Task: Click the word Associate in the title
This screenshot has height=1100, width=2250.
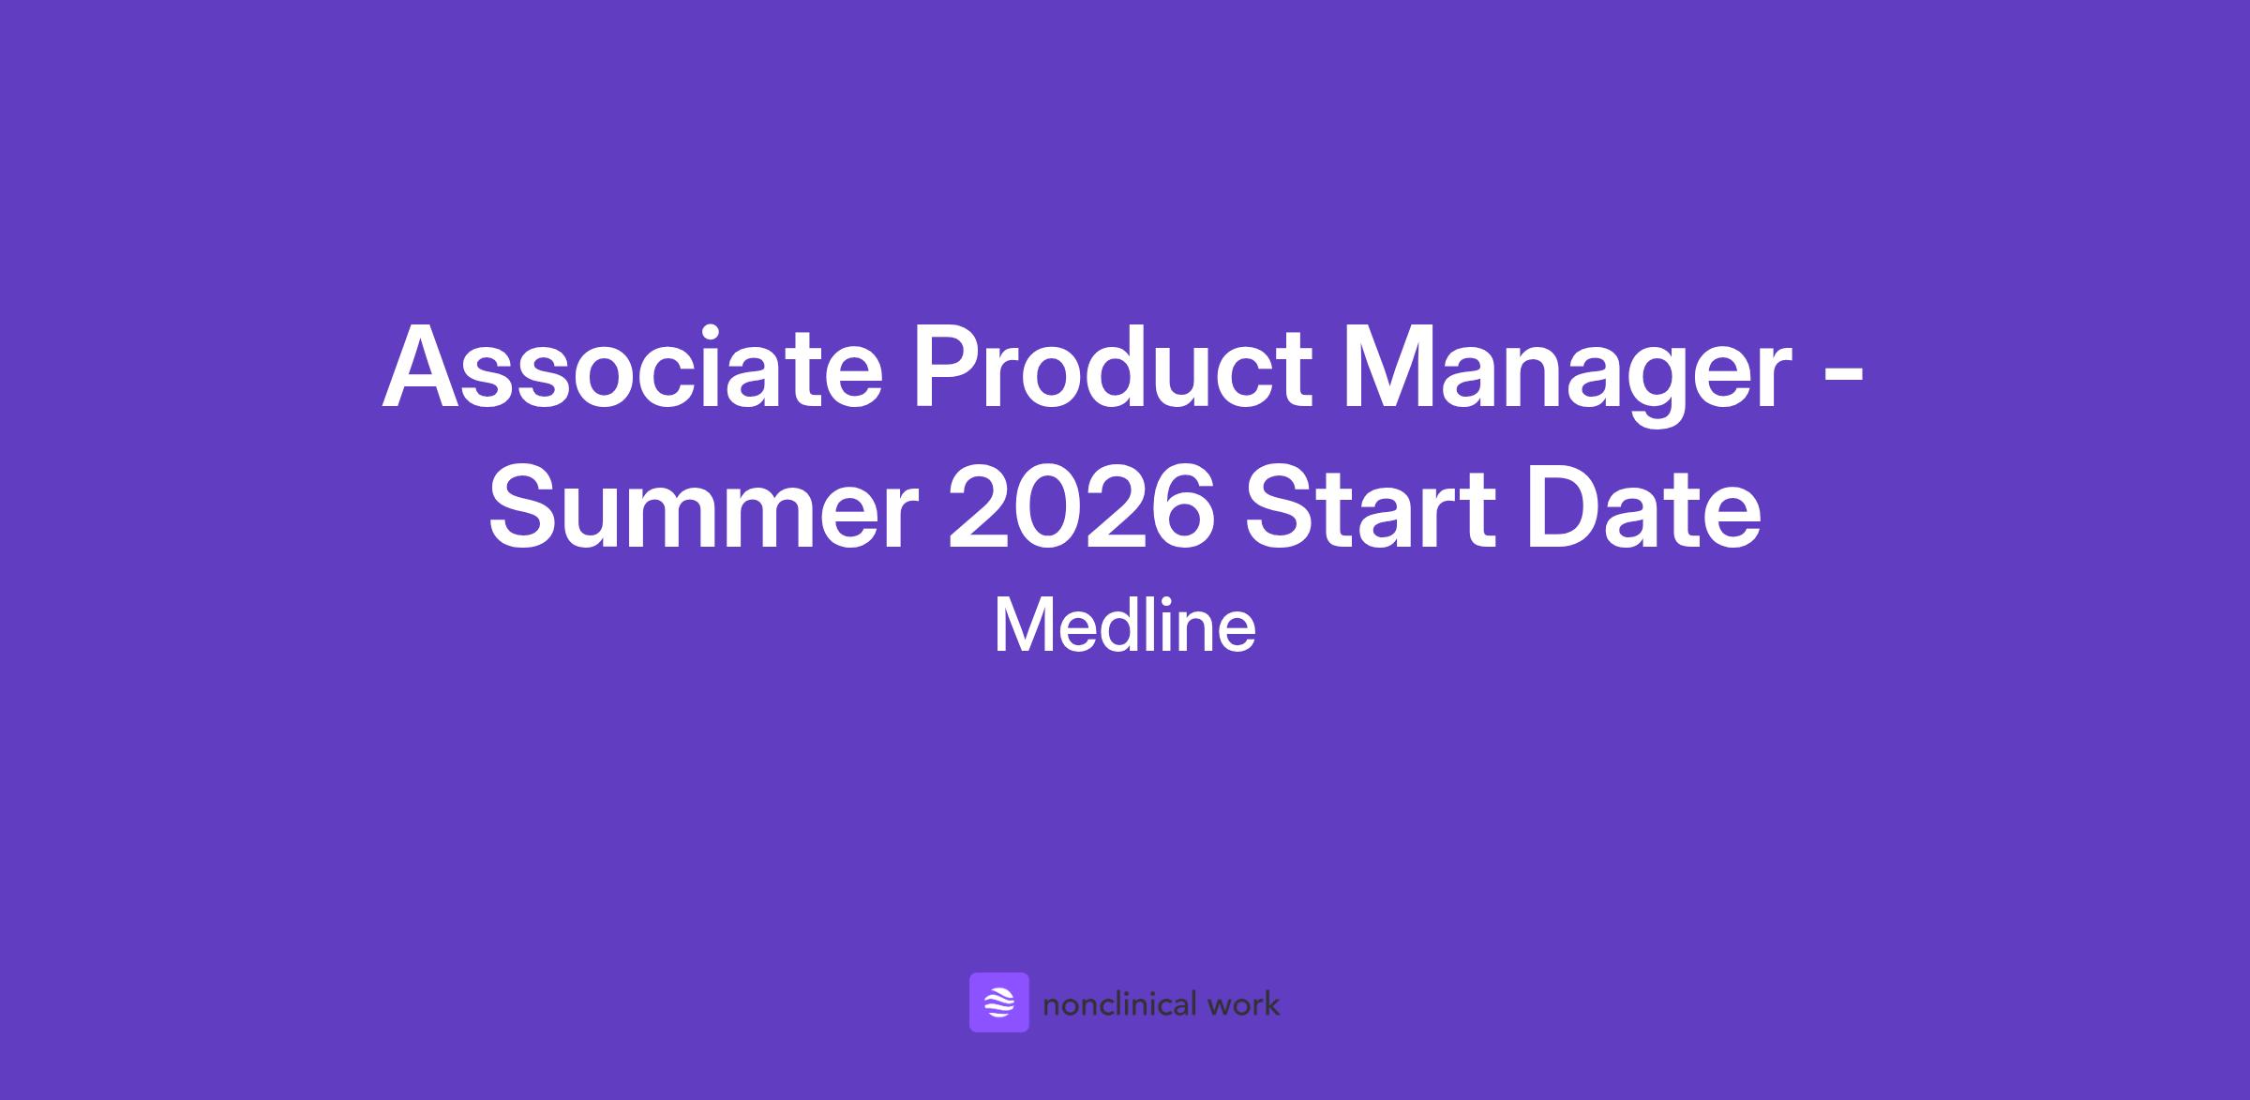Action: [633, 367]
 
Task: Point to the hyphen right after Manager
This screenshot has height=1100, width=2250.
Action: [1845, 378]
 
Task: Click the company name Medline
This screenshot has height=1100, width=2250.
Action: [1125, 625]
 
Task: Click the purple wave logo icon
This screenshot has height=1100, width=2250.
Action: [999, 1002]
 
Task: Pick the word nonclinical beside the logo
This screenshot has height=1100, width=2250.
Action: [1120, 1004]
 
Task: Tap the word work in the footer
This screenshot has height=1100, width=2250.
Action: [1244, 1004]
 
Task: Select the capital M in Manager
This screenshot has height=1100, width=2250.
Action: [1390, 368]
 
